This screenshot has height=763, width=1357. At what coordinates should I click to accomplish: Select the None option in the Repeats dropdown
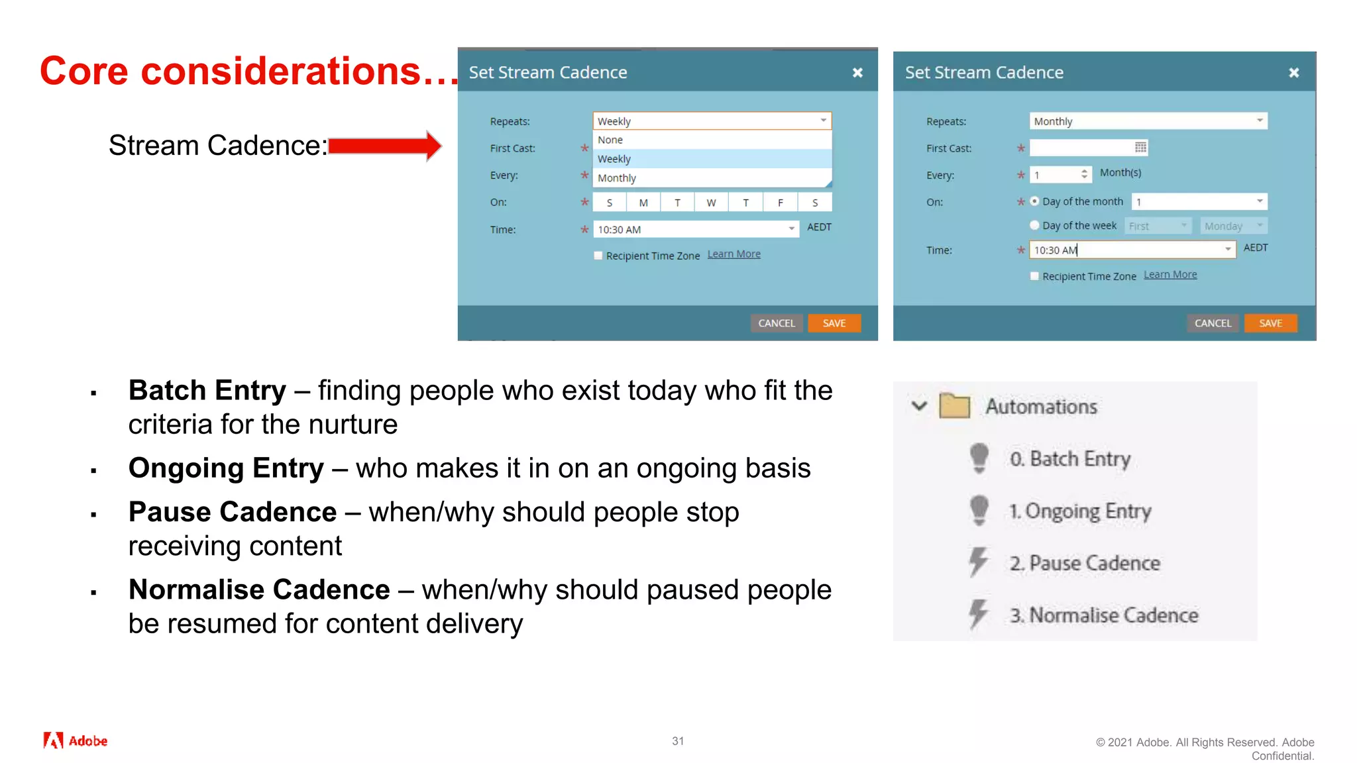coord(610,140)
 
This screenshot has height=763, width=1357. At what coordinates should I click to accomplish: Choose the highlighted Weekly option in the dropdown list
coord(614,159)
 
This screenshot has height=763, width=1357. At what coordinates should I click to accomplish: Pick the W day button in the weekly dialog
coord(711,203)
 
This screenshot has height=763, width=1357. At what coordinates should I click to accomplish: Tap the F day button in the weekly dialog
coord(780,203)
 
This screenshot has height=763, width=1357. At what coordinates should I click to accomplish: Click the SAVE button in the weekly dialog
coord(834,323)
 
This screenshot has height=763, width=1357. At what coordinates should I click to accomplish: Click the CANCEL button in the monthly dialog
coord(1213,323)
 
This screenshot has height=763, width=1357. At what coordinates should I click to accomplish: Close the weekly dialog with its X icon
coord(857,73)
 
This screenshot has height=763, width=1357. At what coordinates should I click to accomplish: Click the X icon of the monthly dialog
coord(1293,73)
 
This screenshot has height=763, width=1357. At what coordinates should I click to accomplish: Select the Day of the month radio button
coord(1034,201)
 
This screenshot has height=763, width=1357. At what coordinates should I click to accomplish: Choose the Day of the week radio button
coord(1034,225)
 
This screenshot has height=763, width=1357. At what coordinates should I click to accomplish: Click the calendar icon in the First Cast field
coord(1140,147)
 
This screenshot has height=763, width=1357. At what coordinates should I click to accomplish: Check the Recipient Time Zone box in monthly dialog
coord(1034,276)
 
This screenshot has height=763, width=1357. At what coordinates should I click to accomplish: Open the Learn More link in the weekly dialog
coord(733,254)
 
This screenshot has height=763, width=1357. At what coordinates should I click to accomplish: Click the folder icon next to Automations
coord(954,406)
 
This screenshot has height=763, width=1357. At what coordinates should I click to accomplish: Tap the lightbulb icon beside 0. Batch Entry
coord(979,458)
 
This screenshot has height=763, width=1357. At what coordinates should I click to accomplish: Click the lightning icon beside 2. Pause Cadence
coord(978,562)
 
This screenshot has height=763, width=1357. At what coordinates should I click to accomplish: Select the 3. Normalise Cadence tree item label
coord(1104,615)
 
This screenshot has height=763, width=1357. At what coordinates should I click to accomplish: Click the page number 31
coord(678,741)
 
